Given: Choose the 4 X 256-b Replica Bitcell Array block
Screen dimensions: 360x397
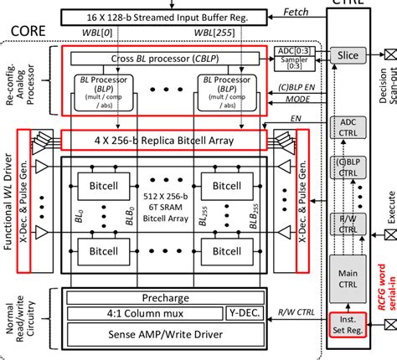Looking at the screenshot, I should [164, 139].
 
